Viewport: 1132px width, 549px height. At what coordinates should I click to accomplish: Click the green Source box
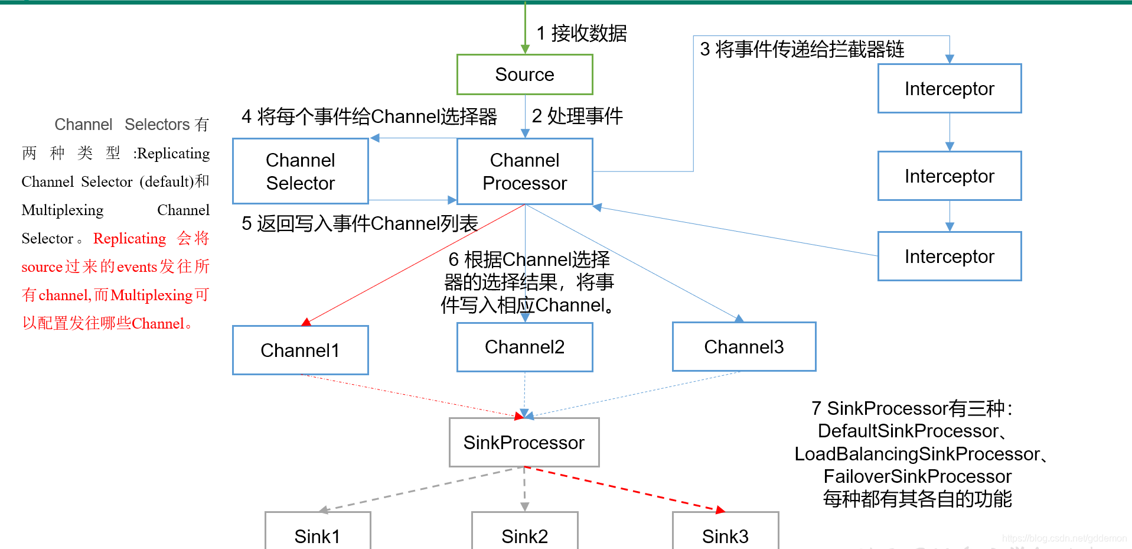(x=524, y=74)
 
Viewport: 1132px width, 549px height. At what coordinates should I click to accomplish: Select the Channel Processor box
(x=524, y=171)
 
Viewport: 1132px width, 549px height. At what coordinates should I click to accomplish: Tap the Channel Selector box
(x=300, y=171)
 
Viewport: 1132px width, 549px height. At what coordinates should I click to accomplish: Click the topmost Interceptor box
(x=949, y=89)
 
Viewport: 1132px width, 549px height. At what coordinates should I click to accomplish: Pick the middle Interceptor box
(x=949, y=176)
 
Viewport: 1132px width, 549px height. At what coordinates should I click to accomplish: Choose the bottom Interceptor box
(x=949, y=256)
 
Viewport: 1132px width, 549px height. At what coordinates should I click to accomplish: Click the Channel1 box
(x=300, y=350)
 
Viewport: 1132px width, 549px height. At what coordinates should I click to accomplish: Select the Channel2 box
(x=524, y=347)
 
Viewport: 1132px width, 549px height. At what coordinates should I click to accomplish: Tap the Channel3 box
(x=743, y=347)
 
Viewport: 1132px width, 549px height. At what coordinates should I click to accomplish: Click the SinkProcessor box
(x=524, y=443)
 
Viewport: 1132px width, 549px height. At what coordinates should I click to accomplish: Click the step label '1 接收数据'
(x=582, y=34)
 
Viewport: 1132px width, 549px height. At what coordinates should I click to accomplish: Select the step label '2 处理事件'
(x=577, y=116)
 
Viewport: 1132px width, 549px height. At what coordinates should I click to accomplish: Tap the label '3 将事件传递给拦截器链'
(x=802, y=49)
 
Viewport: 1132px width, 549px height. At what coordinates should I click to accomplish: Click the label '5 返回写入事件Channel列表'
(x=359, y=223)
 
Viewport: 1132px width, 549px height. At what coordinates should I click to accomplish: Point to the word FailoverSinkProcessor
(x=917, y=476)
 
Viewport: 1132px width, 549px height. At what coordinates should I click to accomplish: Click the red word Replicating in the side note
(x=130, y=239)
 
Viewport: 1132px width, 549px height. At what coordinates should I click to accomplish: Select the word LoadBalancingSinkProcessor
(x=916, y=454)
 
